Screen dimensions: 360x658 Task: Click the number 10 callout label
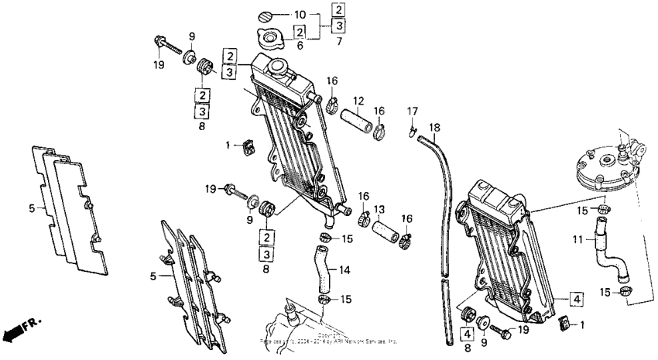[x=300, y=15]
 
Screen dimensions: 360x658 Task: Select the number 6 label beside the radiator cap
[x=300, y=46]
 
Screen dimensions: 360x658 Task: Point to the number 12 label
[x=359, y=101]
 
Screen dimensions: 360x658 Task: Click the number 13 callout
[x=380, y=210]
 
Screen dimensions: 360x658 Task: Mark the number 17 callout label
[x=413, y=111]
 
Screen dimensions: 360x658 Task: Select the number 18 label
[x=434, y=126]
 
